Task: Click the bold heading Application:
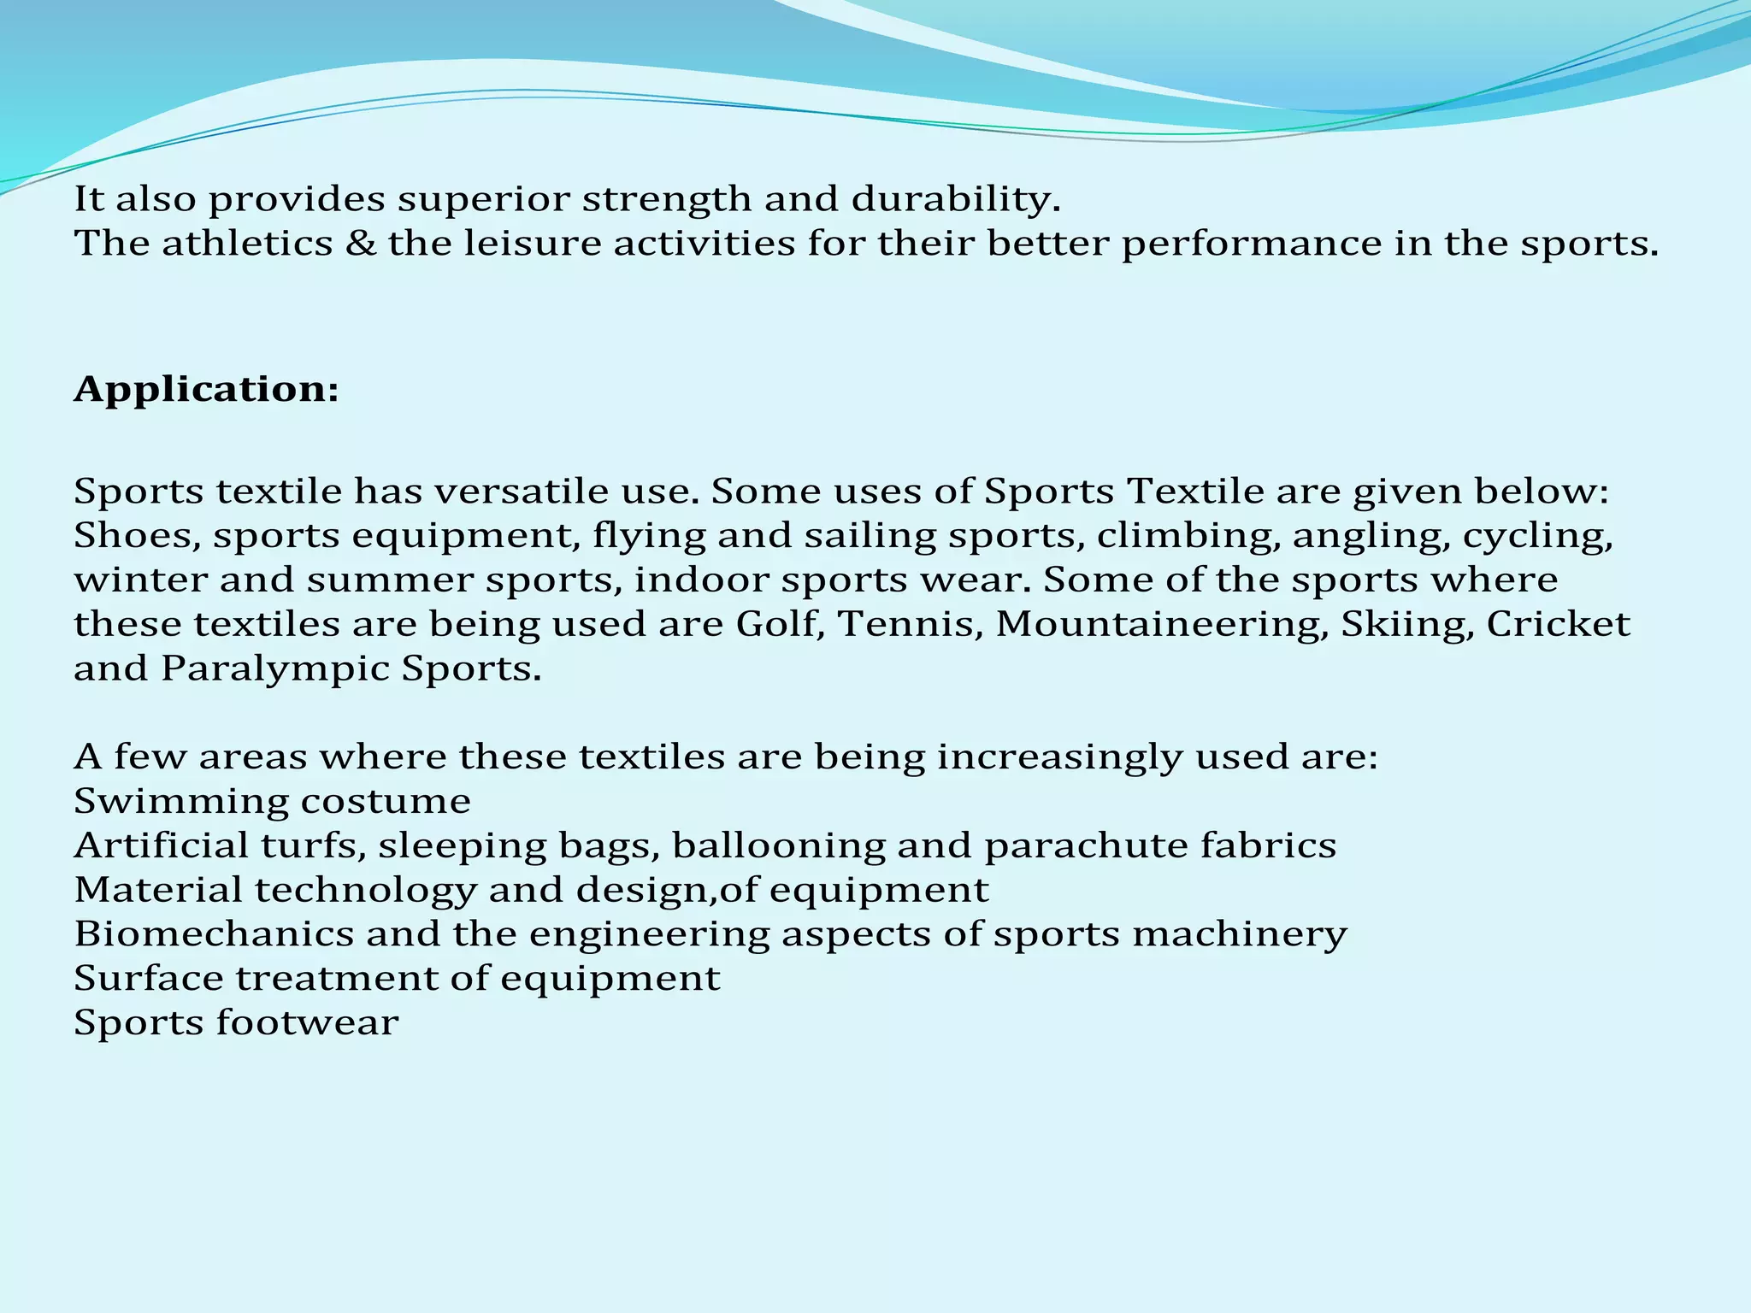206,390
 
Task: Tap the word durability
956,199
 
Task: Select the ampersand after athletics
360,244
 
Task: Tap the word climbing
1188,536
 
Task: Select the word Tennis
909,624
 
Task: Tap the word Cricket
1558,624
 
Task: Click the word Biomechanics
214,933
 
